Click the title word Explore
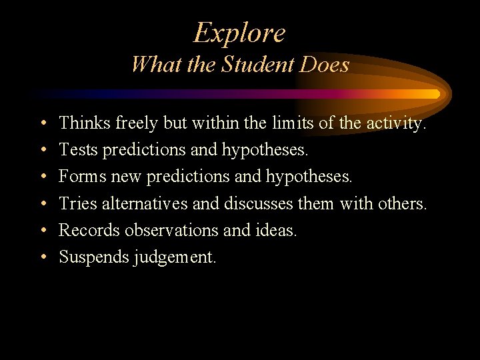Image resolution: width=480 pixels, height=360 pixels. pyautogui.click(x=239, y=33)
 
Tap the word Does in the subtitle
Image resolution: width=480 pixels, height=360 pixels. pyautogui.click(x=325, y=65)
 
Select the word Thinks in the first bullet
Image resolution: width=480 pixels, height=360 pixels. pyautogui.click(x=85, y=123)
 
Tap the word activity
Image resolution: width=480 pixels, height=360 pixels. pyautogui.click(x=396, y=124)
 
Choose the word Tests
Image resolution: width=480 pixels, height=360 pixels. pyautogui.click(x=78, y=149)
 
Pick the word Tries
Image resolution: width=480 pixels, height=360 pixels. pyautogui.click(x=78, y=203)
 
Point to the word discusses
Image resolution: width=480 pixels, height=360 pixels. pyautogui.click(x=259, y=203)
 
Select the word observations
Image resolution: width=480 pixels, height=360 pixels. pyautogui.click(x=170, y=229)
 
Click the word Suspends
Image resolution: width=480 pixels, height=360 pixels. pyautogui.click(x=93, y=257)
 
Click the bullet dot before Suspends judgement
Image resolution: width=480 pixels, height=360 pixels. pyautogui.click(x=42, y=257)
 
